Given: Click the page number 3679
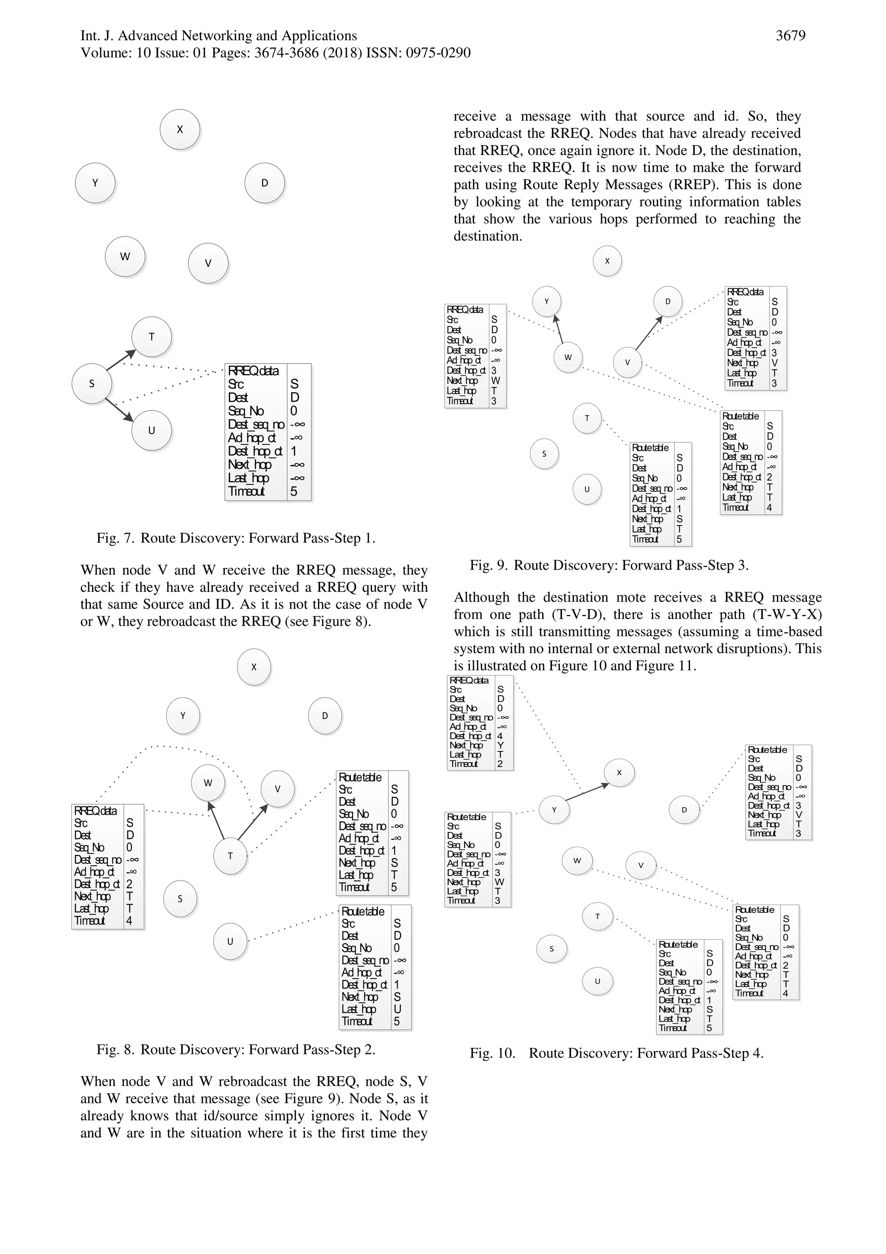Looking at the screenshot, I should (790, 36).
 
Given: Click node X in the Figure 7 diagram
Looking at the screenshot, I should (180, 129).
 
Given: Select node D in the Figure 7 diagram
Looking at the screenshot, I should (265, 183).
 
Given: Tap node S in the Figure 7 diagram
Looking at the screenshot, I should (92, 384).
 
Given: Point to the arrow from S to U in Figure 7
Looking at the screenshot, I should (119, 409).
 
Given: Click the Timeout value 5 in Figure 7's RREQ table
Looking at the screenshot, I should (294, 492).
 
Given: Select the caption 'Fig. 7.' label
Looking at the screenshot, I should (115, 538).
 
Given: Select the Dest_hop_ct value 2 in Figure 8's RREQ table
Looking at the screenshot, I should (129, 884).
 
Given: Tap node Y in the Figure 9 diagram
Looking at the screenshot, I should (546, 301).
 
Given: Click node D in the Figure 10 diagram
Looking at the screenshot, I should (684, 810).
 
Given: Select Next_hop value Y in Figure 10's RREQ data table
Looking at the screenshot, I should (501, 745).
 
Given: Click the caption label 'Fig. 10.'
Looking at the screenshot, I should (492, 1053).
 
